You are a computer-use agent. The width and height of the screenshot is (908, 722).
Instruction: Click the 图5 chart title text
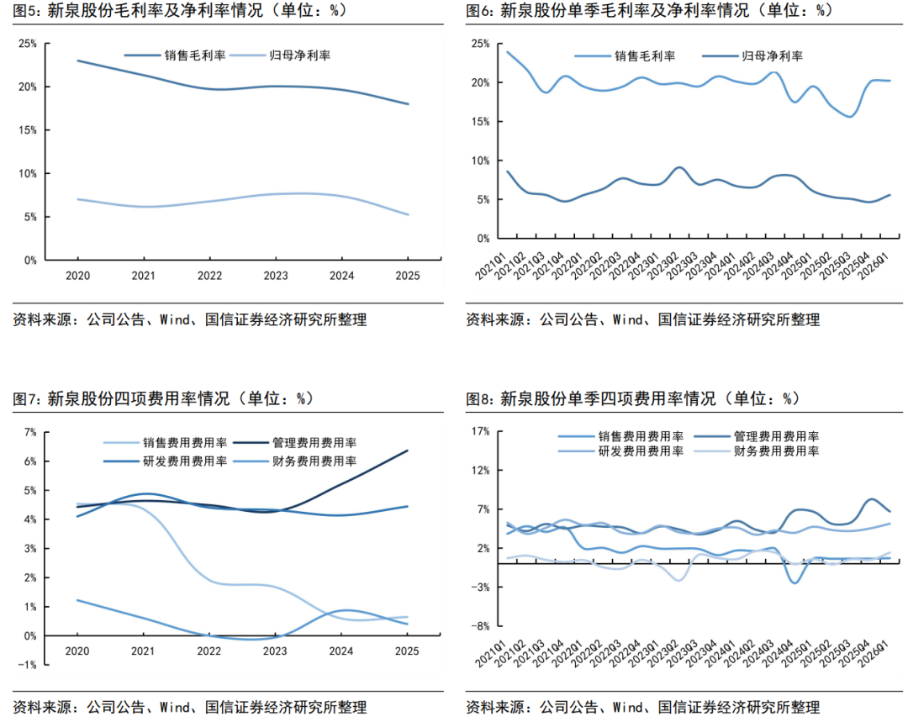(x=180, y=10)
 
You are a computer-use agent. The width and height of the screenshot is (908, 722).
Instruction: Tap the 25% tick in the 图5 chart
(x=27, y=44)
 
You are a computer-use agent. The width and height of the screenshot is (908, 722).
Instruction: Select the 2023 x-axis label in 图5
(x=276, y=276)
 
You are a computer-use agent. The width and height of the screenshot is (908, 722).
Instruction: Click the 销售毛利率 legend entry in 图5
(x=176, y=55)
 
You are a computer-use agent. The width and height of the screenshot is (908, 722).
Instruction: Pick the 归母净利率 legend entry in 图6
(x=752, y=56)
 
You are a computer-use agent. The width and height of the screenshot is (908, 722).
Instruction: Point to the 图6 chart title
(x=649, y=10)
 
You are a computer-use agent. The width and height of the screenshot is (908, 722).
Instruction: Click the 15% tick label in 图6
(x=480, y=122)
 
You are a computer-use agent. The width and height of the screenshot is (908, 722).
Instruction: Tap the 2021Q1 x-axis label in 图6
(x=490, y=266)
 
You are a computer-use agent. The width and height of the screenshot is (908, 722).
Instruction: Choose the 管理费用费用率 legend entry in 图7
(x=295, y=443)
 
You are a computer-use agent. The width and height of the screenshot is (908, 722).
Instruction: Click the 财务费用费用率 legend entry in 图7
(x=295, y=461)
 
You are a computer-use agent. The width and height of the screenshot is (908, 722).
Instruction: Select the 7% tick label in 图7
(x=30, y=432)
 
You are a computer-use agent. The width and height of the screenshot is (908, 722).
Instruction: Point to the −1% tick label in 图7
(x=27, y=665)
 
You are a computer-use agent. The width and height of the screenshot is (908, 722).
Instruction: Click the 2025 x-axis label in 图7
(x=407, y=651)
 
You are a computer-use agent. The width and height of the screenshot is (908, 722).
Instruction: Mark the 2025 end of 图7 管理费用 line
(x=407, y=451)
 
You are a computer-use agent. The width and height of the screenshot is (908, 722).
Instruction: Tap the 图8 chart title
(x=633, y=398)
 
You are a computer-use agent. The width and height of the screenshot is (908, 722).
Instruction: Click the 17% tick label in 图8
(x=481, y=431)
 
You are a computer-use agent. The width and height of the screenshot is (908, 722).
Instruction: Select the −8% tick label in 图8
(x=481, y=626)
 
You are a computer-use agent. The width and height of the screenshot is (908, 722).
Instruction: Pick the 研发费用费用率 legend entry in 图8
(x=620, y=451)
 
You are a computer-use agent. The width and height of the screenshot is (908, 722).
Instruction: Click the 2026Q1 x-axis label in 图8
(x=873, y=653)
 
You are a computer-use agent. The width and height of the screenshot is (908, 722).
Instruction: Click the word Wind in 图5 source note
(x=174, y=319)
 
